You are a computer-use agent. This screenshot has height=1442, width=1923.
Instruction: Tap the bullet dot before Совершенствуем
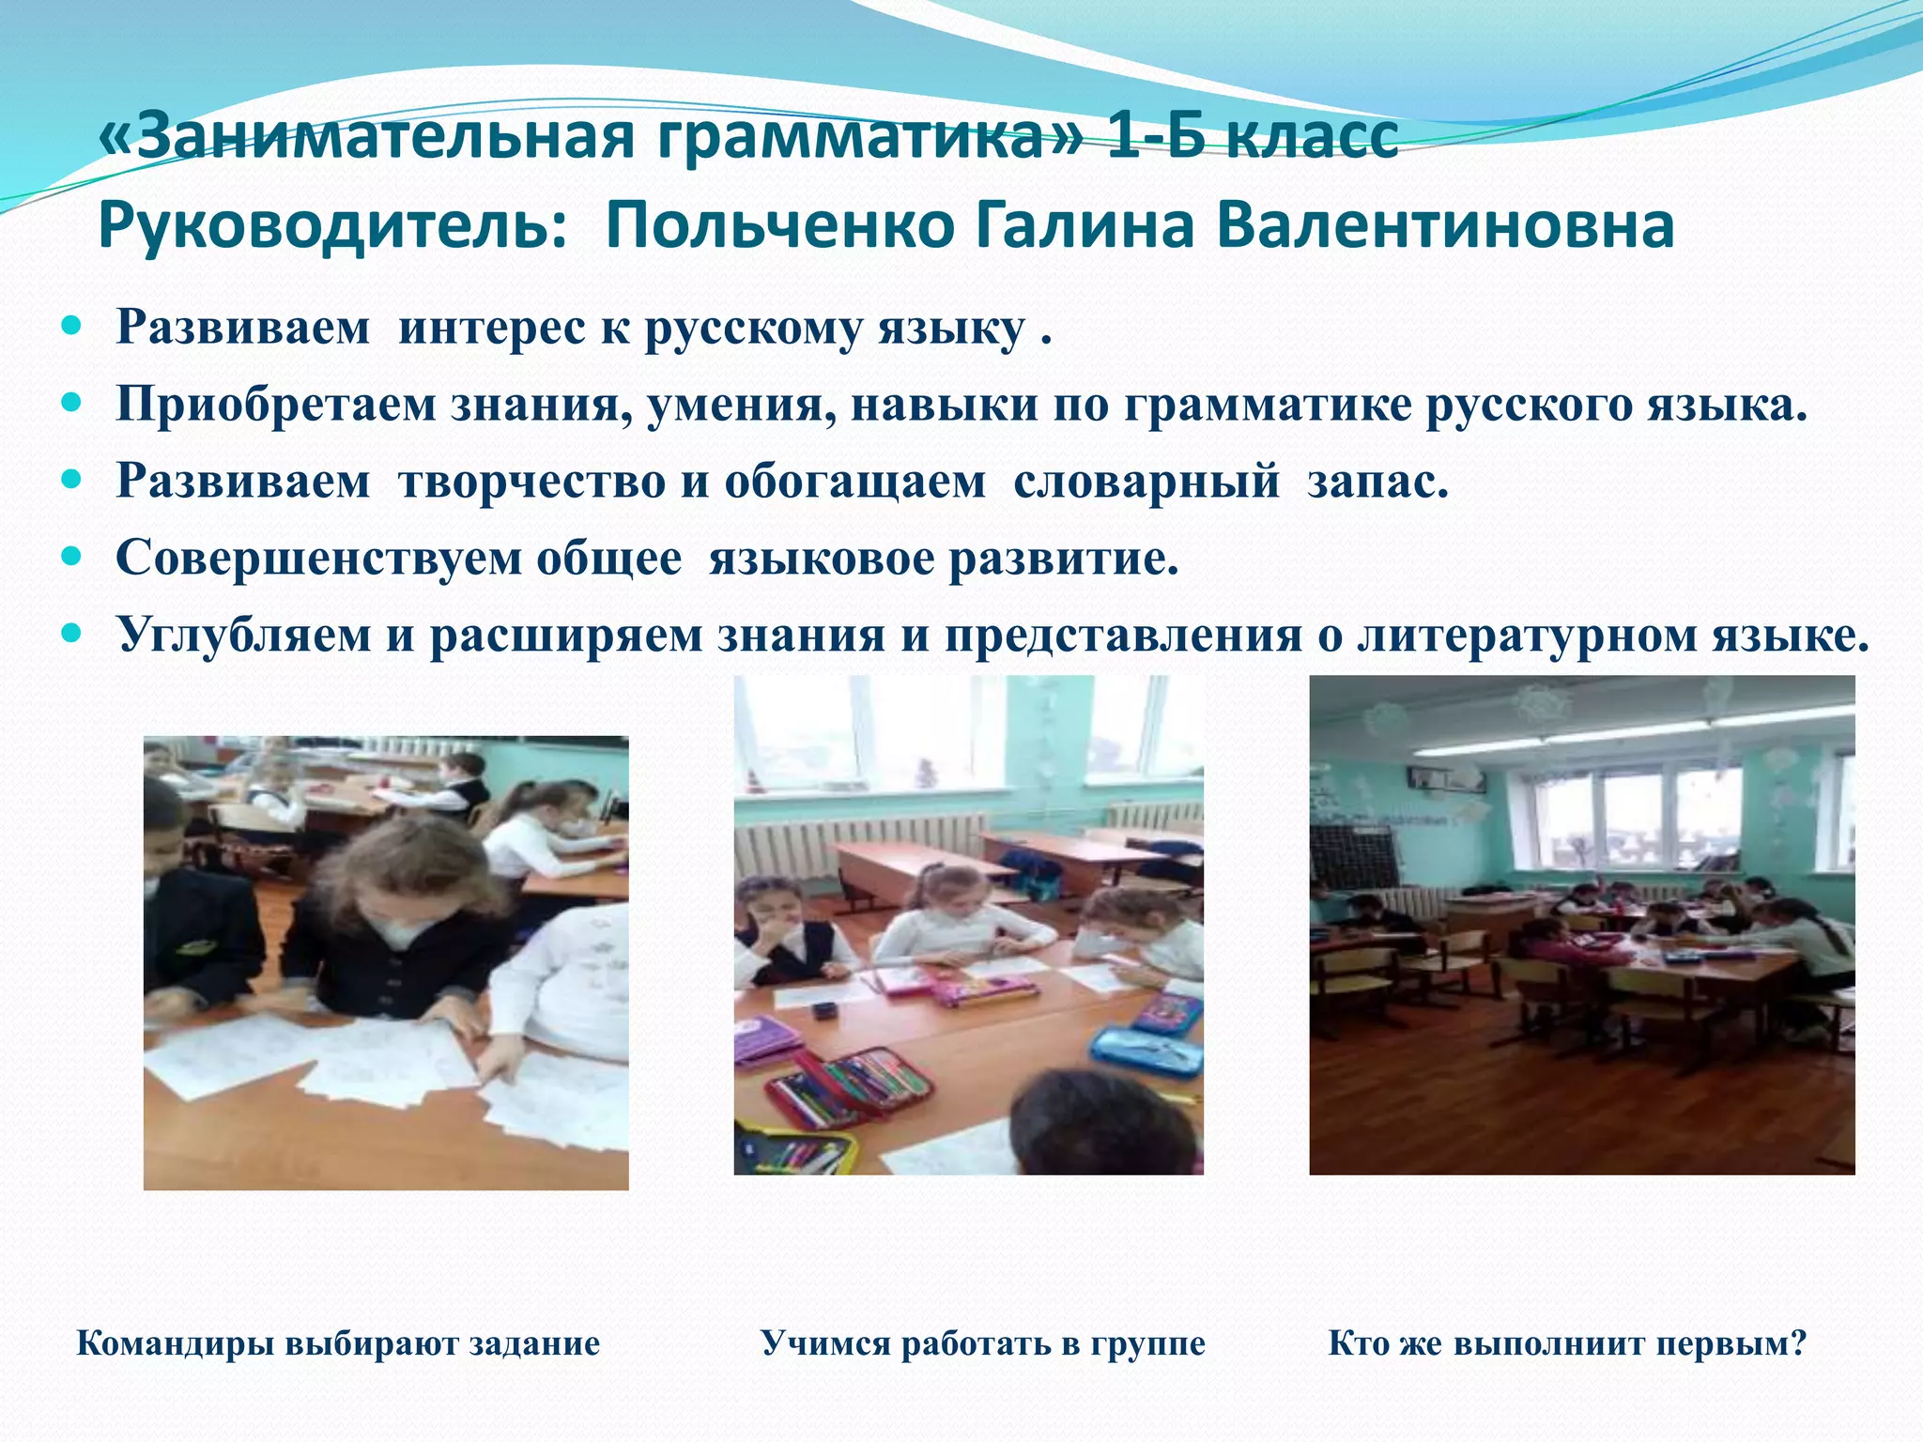[71, 557]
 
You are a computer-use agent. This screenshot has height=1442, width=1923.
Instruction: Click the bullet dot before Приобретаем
[71, 404]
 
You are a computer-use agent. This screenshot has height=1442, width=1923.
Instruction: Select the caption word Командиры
[173, 1343]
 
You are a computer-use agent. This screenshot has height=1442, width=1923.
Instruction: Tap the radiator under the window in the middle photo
[864, 840]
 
